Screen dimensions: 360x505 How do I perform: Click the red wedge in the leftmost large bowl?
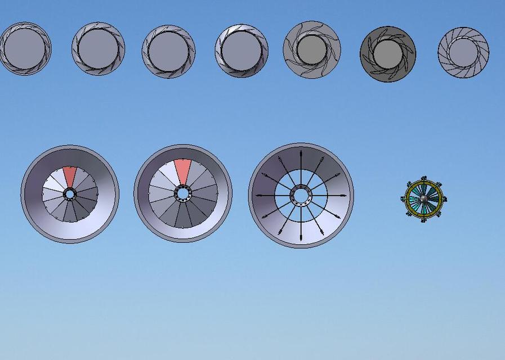pyautogui.click(x=69, y=176)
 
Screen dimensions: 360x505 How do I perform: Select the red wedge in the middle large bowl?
pyautogui.click(x=182, y=170)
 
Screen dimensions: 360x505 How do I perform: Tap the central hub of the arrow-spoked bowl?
pyautogui.click(x=301, y=195)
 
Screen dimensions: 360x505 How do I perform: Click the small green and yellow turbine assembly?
pyautogui.click(x=424, y=200)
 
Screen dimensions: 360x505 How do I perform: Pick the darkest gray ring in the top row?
pyautogui.click(x=387, y=53)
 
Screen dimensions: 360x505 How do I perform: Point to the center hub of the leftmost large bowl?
pyautogui.click(x=69, y=194)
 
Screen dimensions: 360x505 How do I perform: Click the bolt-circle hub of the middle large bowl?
pyautogui.click(x=182, y=193)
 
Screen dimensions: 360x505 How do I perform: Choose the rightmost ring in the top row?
pyautogui.click(x=463, y=52)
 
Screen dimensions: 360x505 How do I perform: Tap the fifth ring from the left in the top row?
pyautogui.click(x=312, y=49)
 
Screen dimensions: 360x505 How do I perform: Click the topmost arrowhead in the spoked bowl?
pyautogui.click(x=301, y=153)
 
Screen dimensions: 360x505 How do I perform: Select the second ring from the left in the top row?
pyautogui.click(x=98, y=48)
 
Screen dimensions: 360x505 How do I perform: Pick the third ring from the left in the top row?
pyautogui.click(x=168, y=51)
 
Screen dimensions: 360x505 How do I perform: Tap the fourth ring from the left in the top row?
pyautogui.click(x=241, y=51)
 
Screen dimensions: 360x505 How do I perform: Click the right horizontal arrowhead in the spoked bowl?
pyautogui.click(x=343, y=195)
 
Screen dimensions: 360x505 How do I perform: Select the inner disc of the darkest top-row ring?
pyautogui.click(x=387, y=53)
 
